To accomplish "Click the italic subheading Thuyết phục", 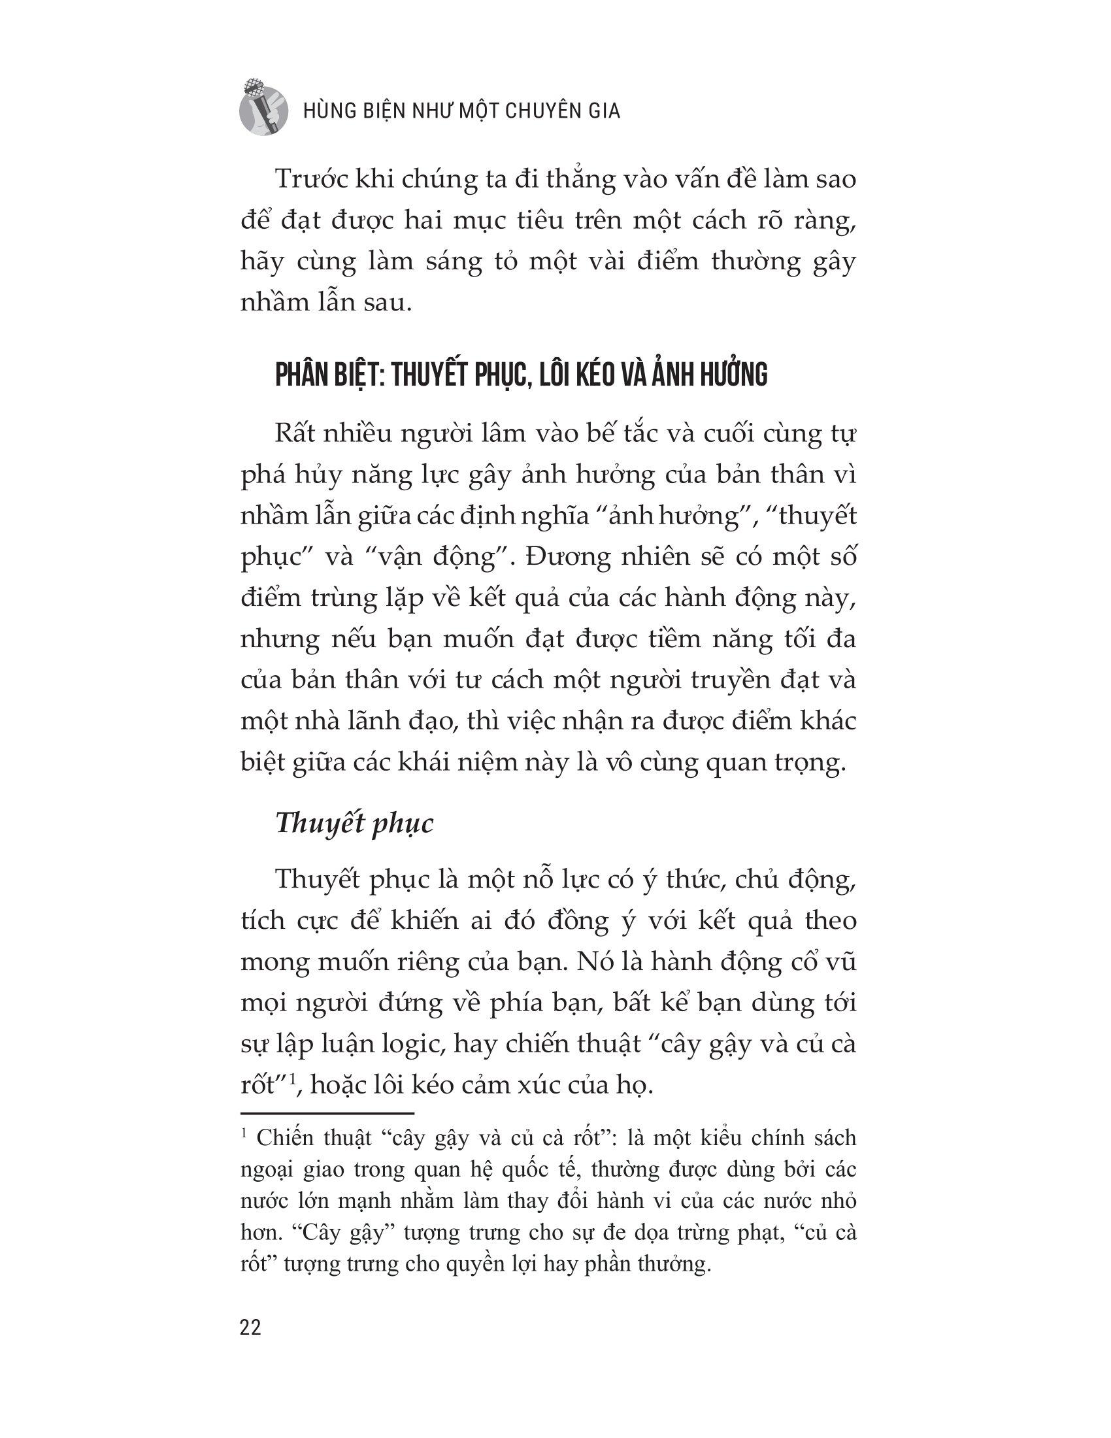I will tap(354, 823).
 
